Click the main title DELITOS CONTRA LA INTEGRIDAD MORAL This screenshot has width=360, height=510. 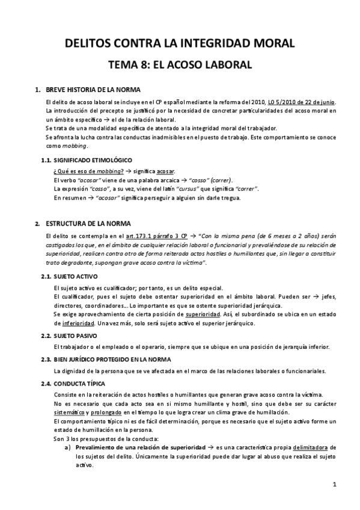[180, 43]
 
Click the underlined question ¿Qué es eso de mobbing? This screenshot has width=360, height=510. [86, 171]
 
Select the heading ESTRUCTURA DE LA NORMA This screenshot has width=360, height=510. [88, 223]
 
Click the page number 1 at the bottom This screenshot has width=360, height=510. [334, 484]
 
